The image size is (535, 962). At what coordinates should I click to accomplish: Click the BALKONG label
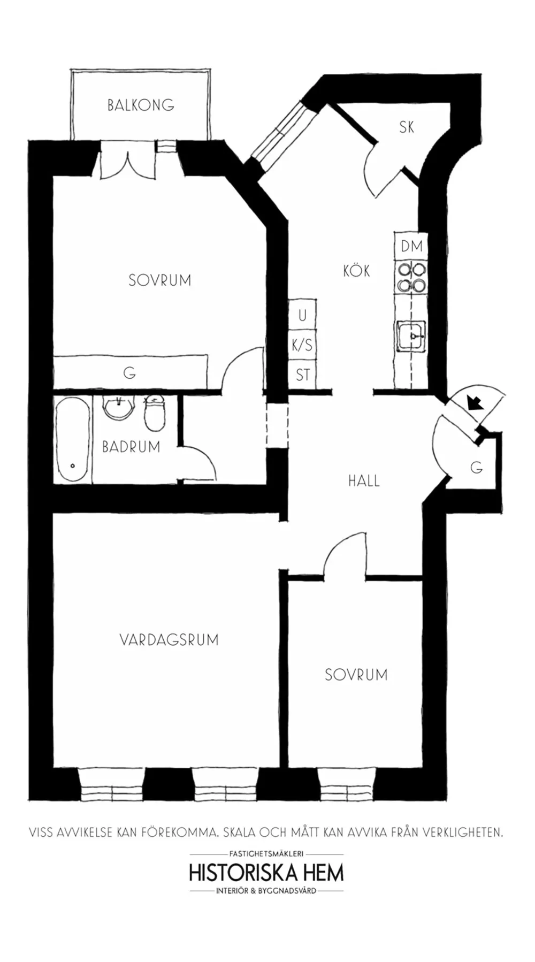[140, 105]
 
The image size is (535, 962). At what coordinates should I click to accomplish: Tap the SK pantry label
[407, 127]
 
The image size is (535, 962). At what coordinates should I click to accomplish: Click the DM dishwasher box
[411, 246]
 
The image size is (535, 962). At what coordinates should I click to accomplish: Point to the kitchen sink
[411, 336]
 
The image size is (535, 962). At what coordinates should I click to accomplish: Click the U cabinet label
[302, 316]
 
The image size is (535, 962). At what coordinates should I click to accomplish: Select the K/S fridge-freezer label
[302, 345]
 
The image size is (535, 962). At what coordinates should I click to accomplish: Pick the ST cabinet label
[303, 375]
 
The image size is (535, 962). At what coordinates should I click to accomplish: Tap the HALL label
[364, 480]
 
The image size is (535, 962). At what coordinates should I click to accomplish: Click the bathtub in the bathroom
[72, 440]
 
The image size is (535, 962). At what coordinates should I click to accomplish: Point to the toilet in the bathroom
[154, 413]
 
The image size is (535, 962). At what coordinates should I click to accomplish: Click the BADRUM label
[131, 447]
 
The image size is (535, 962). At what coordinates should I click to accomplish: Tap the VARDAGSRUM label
[169, 639]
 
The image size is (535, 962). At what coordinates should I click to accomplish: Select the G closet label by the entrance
[476, 467]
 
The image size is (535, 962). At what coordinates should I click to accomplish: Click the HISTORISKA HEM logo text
[266, 873]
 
